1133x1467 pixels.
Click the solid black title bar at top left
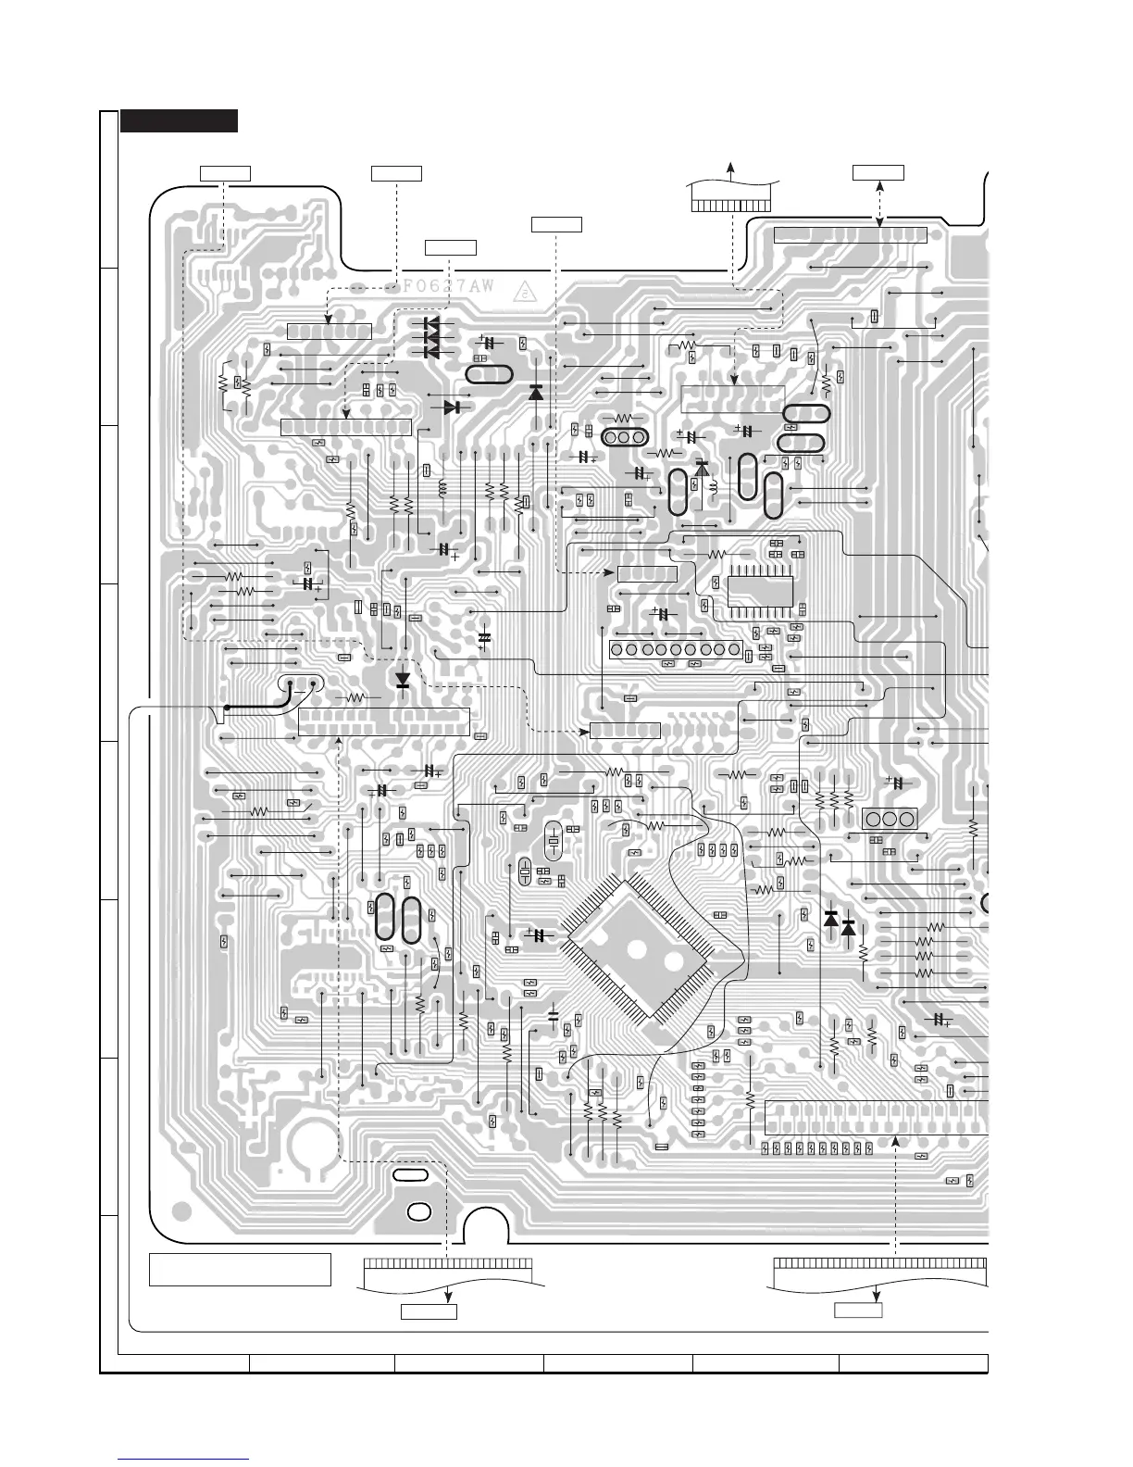pyautogui.click(x=179, y=120)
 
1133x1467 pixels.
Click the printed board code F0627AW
pyautogui.click(x=448, y=286)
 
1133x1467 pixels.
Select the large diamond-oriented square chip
pyautogui.click(x=640, y=951)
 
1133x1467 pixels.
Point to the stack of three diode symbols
pyautogui.click(x=430, y=338)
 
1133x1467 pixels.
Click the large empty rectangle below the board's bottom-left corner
pyautogui.click(x=240, y=1269)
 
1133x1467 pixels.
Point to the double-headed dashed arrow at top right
pyautogui.click(x=878, y=203)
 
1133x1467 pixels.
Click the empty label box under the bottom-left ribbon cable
pyautogui.click(x=428, y=1310)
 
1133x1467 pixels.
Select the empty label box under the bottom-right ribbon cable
pyautogui.click(x=858, y=1310)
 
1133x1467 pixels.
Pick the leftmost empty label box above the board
pyautogui.click(x=226, y=172)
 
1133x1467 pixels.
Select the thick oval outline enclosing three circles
pyautogui.click(x=623, y=438)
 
